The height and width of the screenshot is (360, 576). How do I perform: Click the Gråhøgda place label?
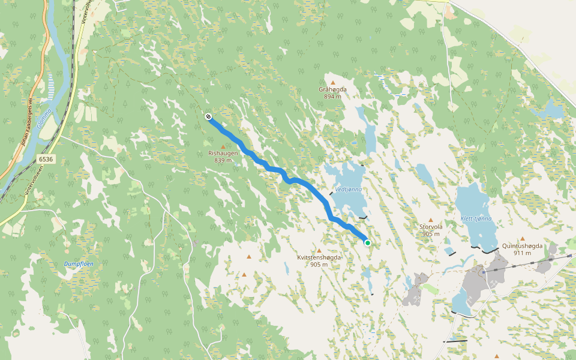click(332, 89)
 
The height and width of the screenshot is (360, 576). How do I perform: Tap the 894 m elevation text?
click(332, 96)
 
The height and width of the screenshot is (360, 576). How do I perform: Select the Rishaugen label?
click(223, 153)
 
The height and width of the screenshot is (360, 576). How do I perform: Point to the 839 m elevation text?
click(223, 160)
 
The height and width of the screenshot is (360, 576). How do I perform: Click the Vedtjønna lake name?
click(349, 190)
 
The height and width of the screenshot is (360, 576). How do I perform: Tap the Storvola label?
click(431, 227)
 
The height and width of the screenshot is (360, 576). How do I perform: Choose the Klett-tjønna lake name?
click(476, 219)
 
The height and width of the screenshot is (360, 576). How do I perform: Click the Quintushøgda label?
click(523, 245)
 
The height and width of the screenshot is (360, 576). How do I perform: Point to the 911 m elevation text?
click(523, 253)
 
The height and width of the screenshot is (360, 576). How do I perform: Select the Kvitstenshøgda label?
click(319, 257)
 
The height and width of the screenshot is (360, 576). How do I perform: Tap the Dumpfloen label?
click(79, 264)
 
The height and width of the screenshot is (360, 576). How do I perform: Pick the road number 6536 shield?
click(45, 159)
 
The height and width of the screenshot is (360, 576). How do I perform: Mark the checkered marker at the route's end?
click(208, 116)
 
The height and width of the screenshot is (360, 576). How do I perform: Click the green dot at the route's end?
click(367, 242)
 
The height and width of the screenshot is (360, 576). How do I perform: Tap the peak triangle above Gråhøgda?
click(332, 82)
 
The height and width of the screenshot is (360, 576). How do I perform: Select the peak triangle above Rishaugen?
click(223, 146)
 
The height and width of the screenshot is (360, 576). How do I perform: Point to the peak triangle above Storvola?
click(431, 220)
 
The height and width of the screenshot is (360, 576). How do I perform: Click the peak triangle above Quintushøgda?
click(523, 238)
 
